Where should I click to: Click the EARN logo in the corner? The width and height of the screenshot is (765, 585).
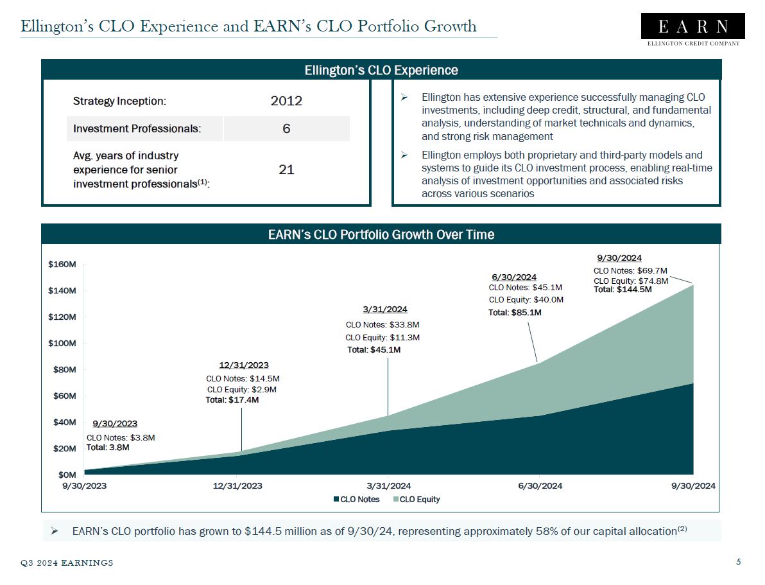tap(693, 29)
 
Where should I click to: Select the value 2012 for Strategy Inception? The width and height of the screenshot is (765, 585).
tap(286, 101)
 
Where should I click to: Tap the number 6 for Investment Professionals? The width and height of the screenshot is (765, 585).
tap(286, 128)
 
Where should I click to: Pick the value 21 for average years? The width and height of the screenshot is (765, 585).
tap(286, 170)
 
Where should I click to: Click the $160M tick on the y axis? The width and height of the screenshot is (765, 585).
tap(62, 264)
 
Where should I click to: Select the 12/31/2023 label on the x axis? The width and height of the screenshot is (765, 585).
tap(237, 486)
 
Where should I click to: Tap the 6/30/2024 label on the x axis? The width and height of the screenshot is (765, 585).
tap(540, 486)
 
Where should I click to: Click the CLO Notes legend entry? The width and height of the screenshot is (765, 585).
tap(356, 500)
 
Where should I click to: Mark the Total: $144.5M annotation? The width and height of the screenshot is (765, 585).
tap(623, 290)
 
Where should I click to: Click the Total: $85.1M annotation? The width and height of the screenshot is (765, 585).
tap(515, 313)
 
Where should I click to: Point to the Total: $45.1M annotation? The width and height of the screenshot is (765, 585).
tap(374, 350)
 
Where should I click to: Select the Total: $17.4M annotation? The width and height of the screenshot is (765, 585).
tap(232, 400)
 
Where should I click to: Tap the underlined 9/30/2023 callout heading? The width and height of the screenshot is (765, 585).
tap(115, 424)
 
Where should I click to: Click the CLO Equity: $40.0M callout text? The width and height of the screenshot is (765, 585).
tap(526, 299)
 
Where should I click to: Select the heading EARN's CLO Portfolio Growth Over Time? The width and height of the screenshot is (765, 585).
tap(381, 234)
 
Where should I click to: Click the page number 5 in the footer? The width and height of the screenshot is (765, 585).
tap(739, 563)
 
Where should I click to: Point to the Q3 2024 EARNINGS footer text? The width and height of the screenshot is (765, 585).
tap(67, 563)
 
